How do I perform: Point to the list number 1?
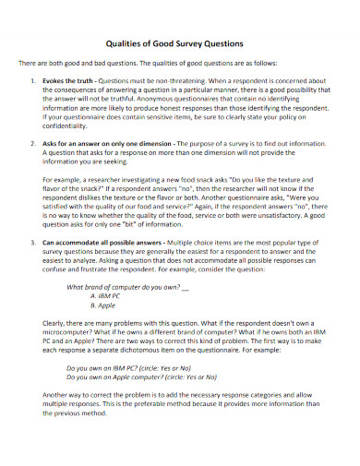(x=33, y=80)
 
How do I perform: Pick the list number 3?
(x=33, y=242)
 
